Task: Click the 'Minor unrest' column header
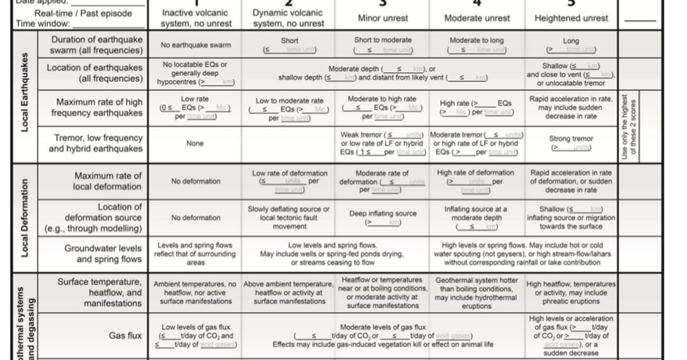(382, 18)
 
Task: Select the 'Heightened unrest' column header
(571, 18)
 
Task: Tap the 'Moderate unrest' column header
(477, 18)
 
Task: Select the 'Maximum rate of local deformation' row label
(108, 181)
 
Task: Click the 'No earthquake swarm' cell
(195, 45)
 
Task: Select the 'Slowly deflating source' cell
(289, 217)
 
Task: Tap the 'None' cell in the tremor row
(195, 143)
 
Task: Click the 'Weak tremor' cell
(383, 143)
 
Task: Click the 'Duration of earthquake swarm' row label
(96, 45)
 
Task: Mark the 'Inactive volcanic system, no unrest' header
(195, 18)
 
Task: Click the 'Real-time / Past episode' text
(74, 13)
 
